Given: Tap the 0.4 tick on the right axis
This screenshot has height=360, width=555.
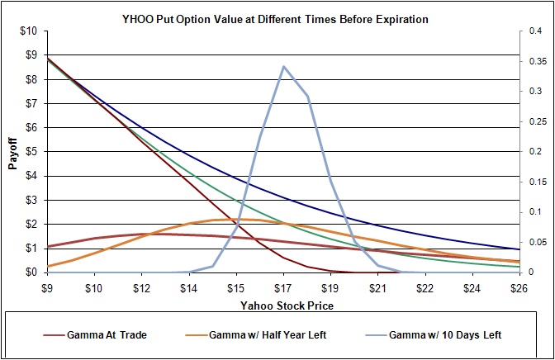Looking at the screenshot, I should point(534,31).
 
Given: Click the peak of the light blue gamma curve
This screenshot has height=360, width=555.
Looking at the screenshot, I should point(284,66).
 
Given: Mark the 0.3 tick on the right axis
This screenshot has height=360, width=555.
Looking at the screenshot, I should point(534,92).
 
